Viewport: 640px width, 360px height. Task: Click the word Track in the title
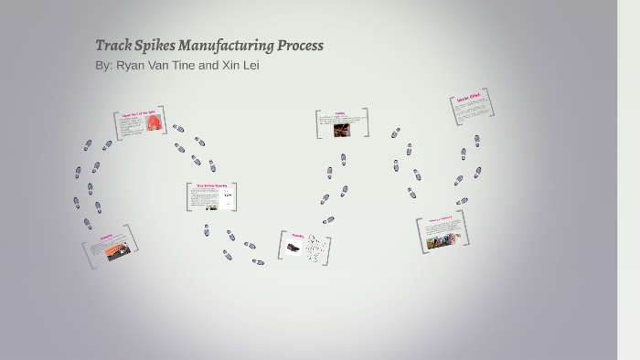pyautogui.click(x=113, y=46)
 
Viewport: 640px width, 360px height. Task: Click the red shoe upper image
pyautogui.click(x=155, y=122)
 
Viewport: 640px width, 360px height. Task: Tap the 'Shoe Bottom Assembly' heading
pyautogui.click(x=210, y=186)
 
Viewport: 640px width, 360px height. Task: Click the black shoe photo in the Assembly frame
pyautogui.click(x=293, y=247)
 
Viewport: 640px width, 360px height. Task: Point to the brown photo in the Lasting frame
pyautogui.click(x=341, y=129)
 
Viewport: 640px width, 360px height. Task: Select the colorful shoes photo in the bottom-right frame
pyautogui.click(x=443, y=238)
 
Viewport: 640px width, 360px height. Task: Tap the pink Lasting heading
pyautogui.click(x=339, y=114)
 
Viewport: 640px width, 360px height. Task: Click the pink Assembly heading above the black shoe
pyautogui.click(x=296, y=236)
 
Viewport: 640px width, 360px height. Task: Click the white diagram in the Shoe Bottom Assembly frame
pyautogui.click(x=227, y=197)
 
